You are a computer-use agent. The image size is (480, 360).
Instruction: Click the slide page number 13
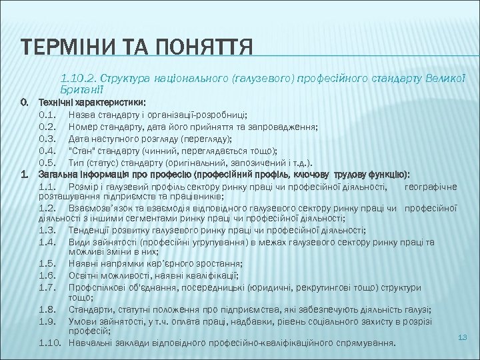tap(462, 338)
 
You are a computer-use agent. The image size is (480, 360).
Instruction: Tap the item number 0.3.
tap(47, 139)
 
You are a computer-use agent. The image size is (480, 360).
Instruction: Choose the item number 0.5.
tap(47, 163)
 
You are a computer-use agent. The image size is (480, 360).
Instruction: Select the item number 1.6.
tap(47, 275)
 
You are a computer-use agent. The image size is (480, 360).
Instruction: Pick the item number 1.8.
tap(47, 310)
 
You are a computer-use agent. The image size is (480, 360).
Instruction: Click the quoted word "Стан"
tap(81, 151)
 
